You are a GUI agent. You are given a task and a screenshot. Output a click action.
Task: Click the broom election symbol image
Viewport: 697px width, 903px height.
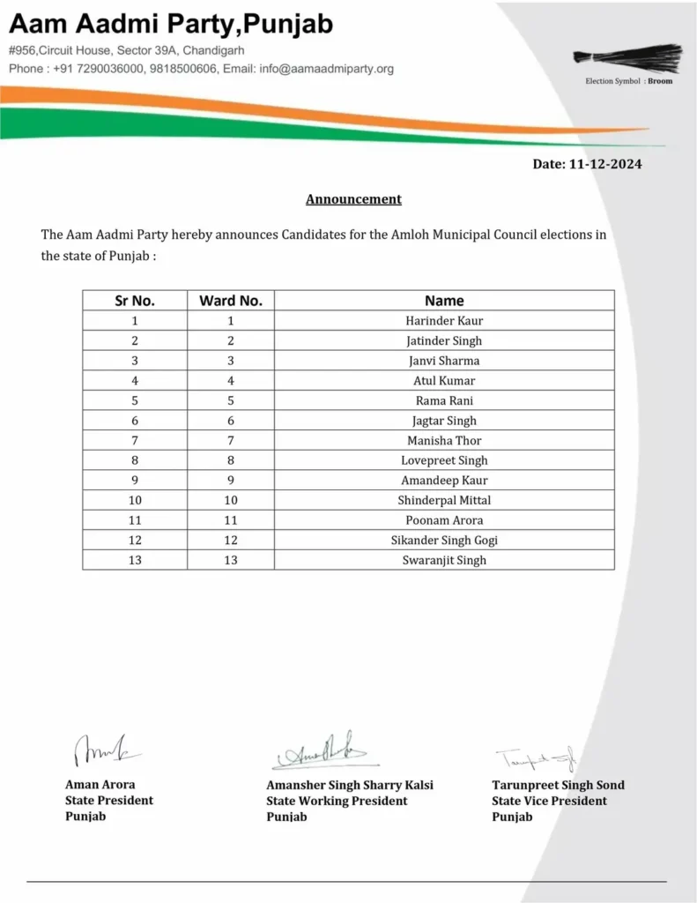(627, 57)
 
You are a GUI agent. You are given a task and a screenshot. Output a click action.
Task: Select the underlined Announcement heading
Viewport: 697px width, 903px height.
(353, 199)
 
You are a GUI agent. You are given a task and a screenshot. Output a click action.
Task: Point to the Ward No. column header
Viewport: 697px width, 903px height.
(231, 301)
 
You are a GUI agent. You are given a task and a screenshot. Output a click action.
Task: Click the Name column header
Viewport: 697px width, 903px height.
(444, 301)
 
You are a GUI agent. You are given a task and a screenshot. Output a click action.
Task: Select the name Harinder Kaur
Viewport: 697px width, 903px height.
(444, 321)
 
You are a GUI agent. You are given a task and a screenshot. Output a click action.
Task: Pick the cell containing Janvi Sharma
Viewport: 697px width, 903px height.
(444, 361)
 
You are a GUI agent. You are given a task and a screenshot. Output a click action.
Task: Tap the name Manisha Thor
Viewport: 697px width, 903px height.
(444, 440)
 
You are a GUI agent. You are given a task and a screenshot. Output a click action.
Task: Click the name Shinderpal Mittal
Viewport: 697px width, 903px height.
(444, 500)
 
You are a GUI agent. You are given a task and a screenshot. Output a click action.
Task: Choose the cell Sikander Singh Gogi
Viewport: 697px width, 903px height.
(444, 540)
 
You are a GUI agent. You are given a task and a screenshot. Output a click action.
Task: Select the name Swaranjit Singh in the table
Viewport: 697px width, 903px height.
(444, 560)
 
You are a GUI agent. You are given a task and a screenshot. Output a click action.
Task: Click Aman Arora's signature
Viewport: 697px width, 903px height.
(102, 751)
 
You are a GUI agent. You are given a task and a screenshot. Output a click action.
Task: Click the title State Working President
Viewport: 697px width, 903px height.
(337, 801)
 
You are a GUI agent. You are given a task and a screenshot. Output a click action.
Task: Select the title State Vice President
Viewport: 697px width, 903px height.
(549, 801)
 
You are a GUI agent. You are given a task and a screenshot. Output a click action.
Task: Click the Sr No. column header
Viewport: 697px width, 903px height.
(135, 301)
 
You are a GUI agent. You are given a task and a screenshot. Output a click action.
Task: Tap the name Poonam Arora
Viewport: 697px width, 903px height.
(444, 520)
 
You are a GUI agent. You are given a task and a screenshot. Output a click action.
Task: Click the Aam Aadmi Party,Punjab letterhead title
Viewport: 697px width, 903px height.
(172, 25)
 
